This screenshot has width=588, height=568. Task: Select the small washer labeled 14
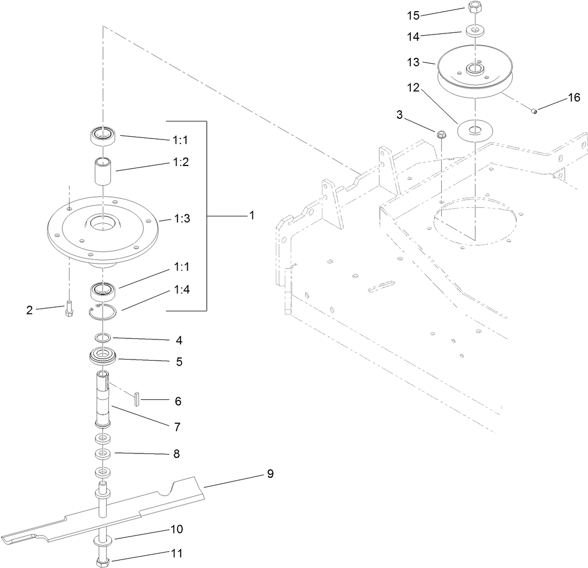(x=475, y=30)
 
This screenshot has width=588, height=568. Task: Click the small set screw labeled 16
(x=534, y=110)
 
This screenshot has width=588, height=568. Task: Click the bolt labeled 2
(x=68, y=308)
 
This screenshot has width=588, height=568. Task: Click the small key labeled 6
(x=136, y=398)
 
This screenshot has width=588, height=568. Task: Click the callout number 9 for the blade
(x=270, y=474)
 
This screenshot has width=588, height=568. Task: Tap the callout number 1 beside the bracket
(x=252, y=215)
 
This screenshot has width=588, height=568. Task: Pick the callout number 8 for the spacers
(x=176, y=454)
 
